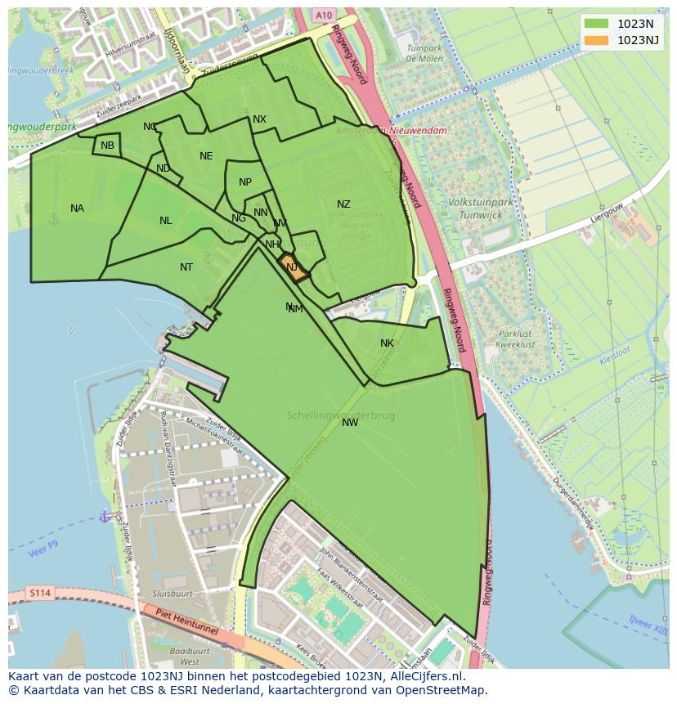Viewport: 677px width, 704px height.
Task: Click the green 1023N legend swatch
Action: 597,24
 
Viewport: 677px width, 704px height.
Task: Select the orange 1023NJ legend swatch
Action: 597,40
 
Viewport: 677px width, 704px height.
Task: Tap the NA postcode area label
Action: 77,209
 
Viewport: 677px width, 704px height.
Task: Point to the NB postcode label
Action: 107,146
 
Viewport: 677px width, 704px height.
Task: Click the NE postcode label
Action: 206,156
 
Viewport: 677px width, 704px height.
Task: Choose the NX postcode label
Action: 259,119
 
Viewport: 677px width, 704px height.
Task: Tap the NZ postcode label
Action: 343,204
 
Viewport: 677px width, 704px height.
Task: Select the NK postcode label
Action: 387,343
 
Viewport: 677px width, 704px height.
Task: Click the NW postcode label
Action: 350,423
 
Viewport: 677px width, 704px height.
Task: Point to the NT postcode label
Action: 186,267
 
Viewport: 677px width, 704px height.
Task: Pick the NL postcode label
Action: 166,221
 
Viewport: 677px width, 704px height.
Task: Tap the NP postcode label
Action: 245,182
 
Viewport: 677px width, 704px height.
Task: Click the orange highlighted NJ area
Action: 293,268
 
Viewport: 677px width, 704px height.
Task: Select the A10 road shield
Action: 323,15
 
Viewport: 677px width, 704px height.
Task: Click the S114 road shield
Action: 38,592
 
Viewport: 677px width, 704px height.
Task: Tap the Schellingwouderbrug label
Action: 341,415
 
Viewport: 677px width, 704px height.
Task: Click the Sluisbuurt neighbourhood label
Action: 172,594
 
